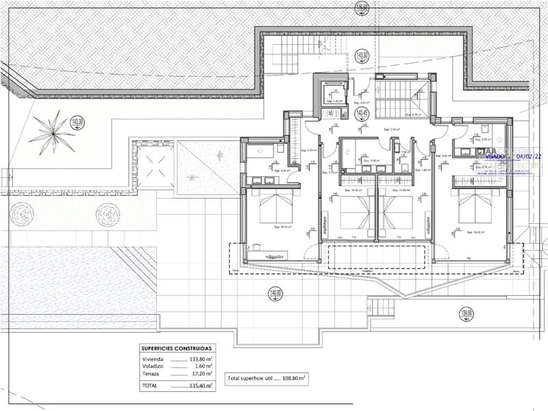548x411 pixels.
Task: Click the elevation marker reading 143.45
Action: tap(361, 112)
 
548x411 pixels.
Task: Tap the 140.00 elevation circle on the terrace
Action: tap(275, 294)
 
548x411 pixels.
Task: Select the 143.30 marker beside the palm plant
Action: tap(77, 123)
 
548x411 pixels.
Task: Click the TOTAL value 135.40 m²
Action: tap(196, 386)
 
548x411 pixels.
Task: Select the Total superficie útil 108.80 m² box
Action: tap(266, 377)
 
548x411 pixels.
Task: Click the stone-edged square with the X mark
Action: tap(151, 164)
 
